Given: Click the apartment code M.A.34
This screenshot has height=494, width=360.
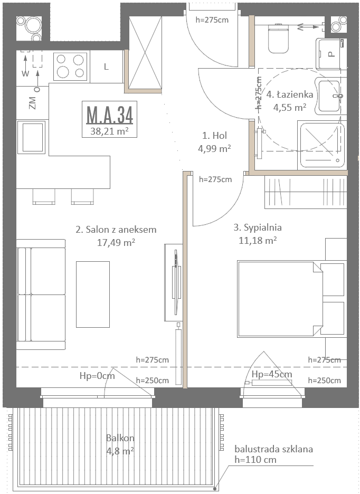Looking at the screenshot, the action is (109, 115).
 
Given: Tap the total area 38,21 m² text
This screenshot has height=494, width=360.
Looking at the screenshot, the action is (109, 131).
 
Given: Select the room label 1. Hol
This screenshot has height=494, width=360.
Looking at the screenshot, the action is (214, 136).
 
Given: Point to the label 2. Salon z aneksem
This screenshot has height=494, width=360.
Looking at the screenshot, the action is (116, 230).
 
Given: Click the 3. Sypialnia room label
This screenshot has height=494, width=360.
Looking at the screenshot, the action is (258, 227).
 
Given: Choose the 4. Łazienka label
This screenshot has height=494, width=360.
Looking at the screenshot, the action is (290, 94).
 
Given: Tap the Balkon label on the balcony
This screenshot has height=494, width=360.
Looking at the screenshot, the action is (120, 438).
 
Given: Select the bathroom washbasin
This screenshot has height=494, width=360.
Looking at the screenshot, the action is (329, 96).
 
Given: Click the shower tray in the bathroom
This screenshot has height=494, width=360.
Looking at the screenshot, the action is (322, 145).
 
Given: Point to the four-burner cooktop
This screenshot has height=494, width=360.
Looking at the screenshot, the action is (70, 66).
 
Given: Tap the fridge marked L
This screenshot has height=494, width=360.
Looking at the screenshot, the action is (106, 66).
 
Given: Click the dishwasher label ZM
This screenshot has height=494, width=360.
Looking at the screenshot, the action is (32, 103).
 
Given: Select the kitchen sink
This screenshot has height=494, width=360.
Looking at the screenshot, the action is (31, 137).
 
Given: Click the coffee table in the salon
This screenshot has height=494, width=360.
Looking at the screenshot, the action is (93, 294).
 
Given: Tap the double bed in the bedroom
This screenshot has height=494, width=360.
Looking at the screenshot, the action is (280, 299).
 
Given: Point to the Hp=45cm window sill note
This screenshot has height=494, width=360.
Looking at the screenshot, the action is (272, 374).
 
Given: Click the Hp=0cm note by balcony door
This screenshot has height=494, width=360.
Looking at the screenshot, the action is (97, 376).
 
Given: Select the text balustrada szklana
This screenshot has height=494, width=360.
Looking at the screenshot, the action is (273, 449).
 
